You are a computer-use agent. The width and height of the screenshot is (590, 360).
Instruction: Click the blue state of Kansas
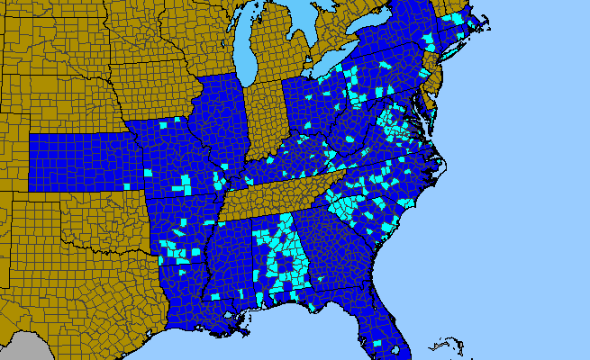[x=81, y=162]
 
